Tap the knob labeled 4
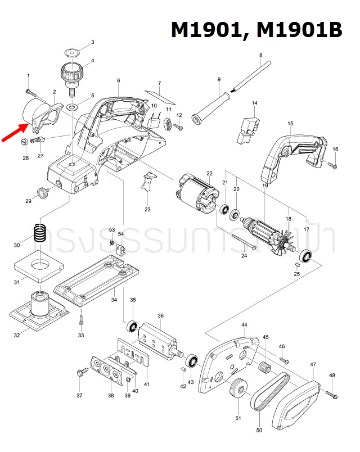(71, 74)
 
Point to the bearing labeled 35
(132, 327)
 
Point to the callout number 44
(244, 326)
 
